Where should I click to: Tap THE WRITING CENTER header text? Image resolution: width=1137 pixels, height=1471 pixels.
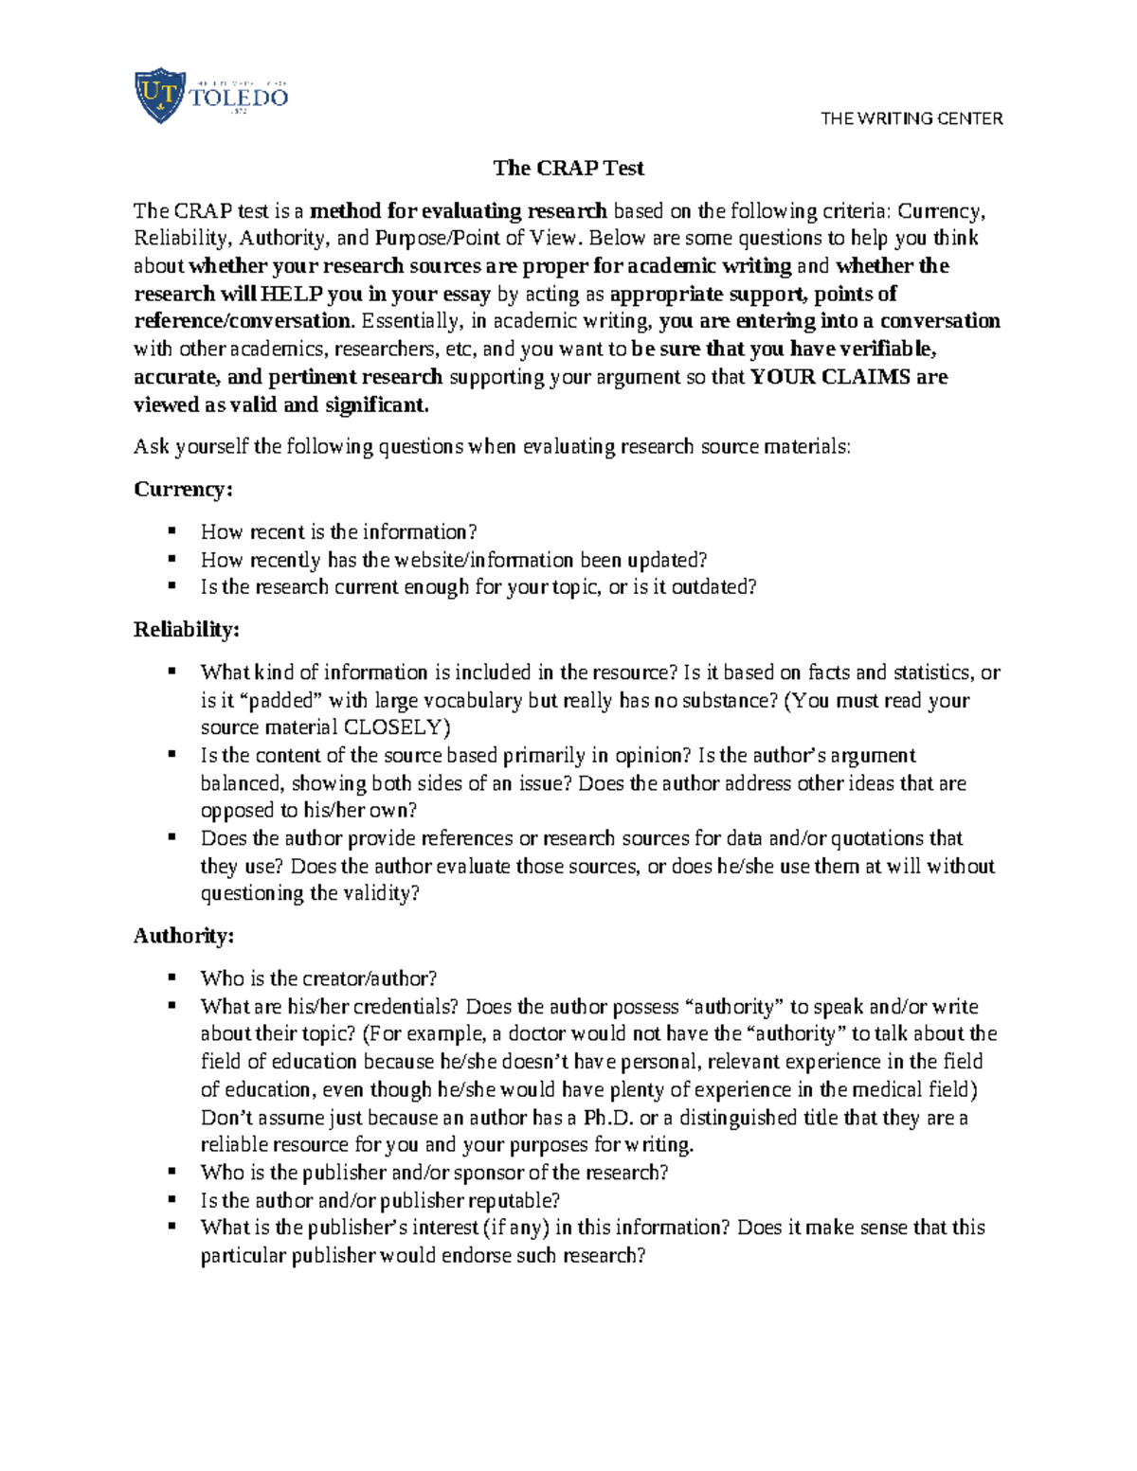point(911,118)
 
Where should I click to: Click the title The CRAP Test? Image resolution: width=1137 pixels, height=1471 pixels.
point(568,169)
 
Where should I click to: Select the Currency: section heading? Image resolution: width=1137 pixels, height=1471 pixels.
point(183,490)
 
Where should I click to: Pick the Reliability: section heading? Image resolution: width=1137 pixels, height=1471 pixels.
point(187,630)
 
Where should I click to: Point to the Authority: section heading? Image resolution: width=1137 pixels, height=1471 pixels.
point(184,936)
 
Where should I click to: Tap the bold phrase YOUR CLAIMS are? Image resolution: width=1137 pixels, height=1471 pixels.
point(849,377)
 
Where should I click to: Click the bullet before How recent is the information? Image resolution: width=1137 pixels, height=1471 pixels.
point(171,530)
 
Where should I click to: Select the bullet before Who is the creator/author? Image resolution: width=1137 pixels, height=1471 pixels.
point(171,977)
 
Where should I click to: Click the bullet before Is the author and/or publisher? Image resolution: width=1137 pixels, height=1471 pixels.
point(171,1198)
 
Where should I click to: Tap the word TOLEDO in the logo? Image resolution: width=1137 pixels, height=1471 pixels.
point(239,98)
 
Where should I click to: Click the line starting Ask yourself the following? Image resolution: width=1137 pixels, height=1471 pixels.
point(492,447)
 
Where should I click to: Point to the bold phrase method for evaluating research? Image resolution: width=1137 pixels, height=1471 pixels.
point(459,210)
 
